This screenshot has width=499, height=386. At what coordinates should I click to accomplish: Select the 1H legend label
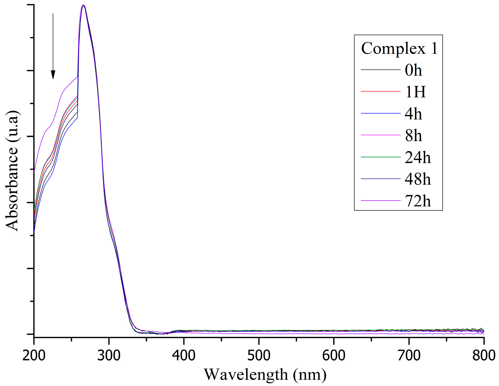coord(415,92)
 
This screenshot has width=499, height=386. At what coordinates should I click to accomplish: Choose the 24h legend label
coord(417,157)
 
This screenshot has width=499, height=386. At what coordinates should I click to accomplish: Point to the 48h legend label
coord(417,179)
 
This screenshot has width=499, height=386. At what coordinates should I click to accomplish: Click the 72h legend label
coord(417,201)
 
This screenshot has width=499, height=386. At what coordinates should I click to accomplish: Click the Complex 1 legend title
coord(399,48)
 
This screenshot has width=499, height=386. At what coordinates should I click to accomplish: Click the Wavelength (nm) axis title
coord(265,374)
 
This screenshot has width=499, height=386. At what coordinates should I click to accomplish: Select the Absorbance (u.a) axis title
coord(12,171)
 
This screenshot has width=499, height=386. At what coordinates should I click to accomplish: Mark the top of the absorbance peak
coord(83,5)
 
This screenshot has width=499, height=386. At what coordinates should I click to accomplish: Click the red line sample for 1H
coord(380,91)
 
